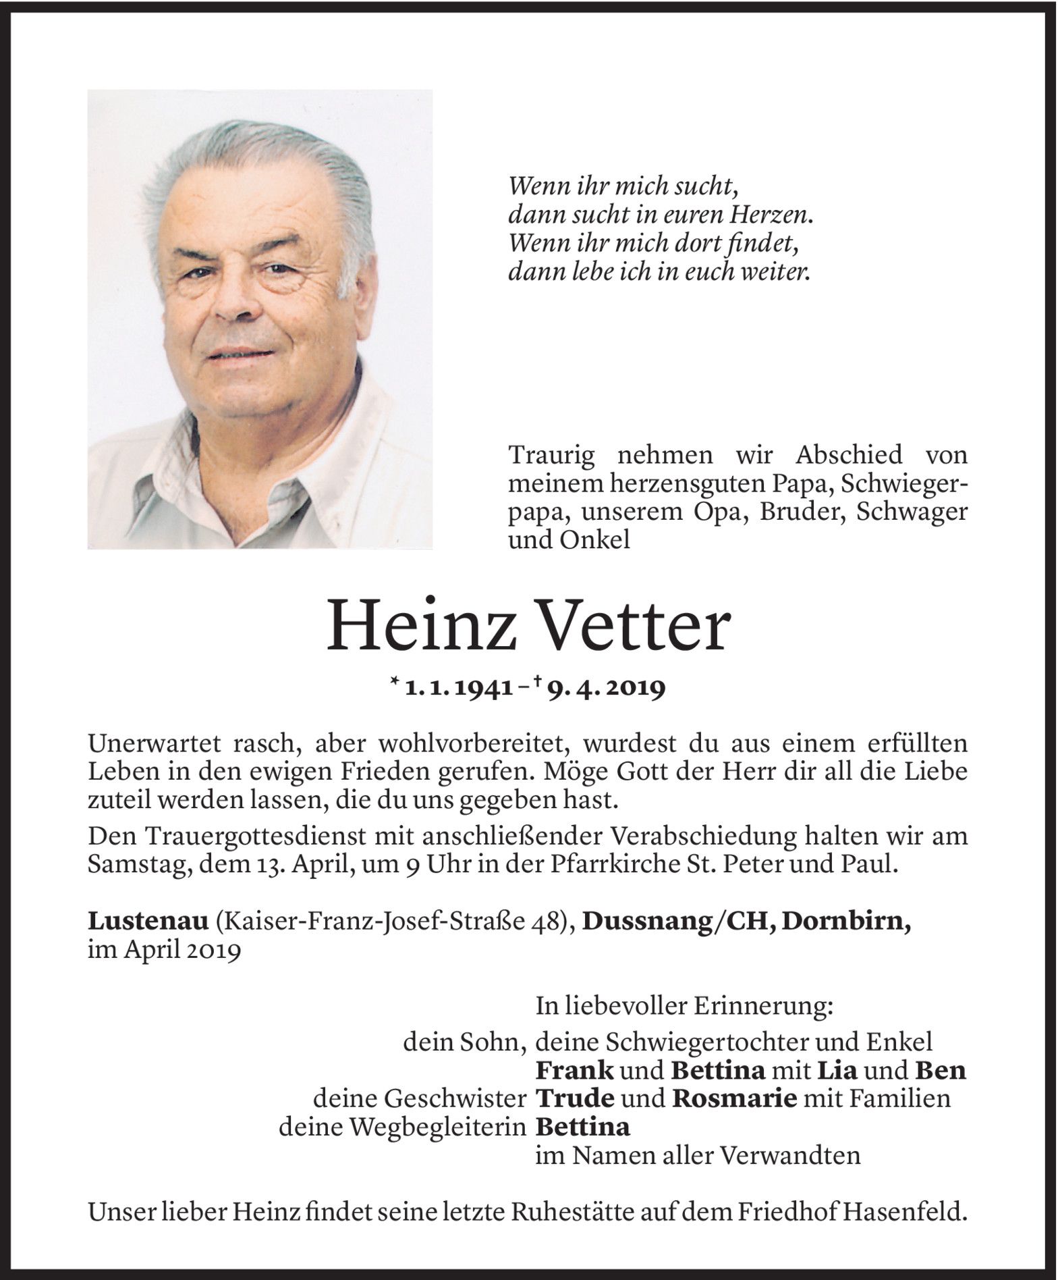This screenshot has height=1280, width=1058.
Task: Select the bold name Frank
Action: (574, 1071)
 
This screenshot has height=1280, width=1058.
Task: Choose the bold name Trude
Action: (575, 1099)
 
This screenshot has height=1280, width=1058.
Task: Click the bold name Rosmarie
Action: (734, 1099)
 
